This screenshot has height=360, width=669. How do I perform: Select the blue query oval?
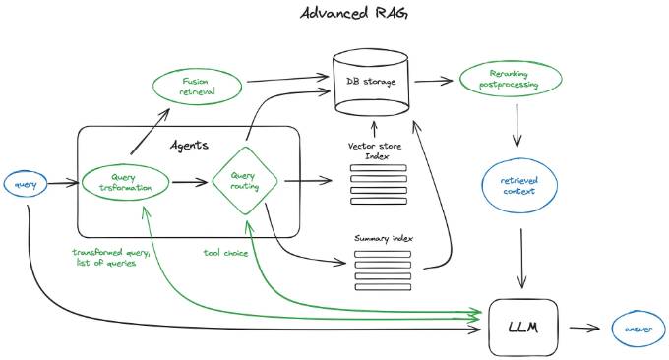(24, 183)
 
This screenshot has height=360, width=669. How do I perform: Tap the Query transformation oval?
(126, 182)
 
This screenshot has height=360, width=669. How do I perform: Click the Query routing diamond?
(245, 181)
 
